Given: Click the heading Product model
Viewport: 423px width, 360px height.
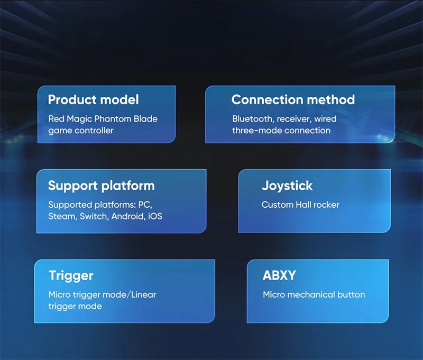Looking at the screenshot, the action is coord(94,100).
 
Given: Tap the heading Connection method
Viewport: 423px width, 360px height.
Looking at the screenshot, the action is coord(293,99).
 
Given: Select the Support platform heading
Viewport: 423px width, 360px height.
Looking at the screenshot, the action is coord(102,186).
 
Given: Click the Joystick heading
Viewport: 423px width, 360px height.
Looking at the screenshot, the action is coord(287,186).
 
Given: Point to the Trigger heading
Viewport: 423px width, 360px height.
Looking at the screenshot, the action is coord(71,276).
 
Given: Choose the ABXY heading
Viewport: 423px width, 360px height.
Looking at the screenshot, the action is coord(279,275).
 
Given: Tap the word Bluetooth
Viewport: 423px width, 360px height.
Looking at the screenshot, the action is coord(253,118).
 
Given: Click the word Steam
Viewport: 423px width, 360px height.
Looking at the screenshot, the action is coord(62,216).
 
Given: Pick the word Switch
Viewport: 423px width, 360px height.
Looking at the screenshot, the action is coord(94,216).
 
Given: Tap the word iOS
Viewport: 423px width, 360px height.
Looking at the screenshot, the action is coord(155,216).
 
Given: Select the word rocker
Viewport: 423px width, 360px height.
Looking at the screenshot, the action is coord(326,205).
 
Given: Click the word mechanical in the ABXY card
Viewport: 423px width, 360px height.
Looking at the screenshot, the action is coord(311,294).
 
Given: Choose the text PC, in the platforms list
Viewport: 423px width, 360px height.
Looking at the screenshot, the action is coord(145,205).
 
